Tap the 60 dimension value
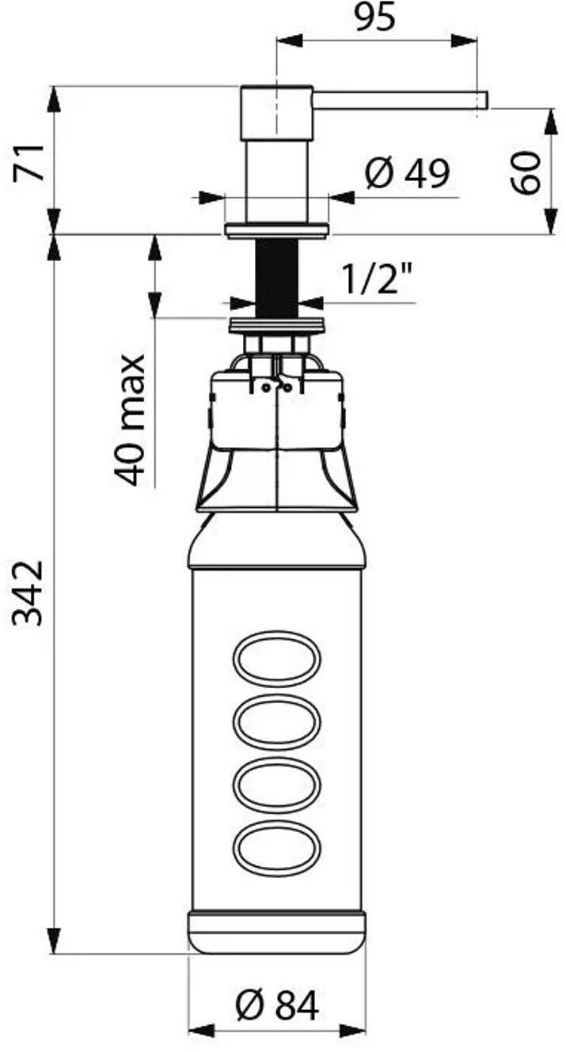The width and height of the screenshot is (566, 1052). [x=526, y=172]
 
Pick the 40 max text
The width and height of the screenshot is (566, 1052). [x=129, y=420]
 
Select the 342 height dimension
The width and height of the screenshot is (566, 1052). [x=28, y=593]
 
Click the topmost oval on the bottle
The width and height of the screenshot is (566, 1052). [x=277, y=657]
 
